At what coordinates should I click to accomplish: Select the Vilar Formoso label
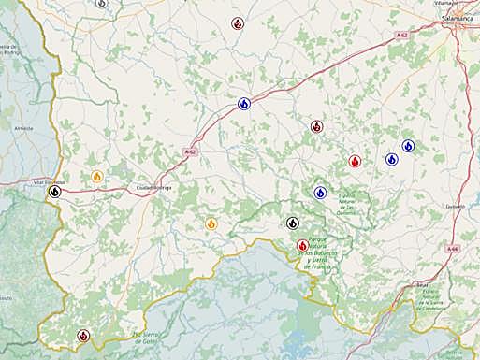[49, 181]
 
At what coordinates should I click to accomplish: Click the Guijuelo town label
[456, 205]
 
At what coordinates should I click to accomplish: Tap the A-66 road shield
[453, 249]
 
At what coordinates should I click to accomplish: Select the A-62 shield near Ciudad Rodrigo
[190, 151]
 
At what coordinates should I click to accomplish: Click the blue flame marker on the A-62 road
[243, 104]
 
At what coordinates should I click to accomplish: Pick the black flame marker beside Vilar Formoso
[55, 192]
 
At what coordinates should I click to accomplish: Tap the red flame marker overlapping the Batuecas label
[302, 246]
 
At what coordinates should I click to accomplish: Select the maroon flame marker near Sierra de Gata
[83, 335]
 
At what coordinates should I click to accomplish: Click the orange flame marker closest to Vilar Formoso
[97, 176]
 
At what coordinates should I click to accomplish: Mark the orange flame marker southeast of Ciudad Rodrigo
[211, 223]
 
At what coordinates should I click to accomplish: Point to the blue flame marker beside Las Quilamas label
[320, 193]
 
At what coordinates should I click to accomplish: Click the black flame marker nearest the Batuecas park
[293, 223]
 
